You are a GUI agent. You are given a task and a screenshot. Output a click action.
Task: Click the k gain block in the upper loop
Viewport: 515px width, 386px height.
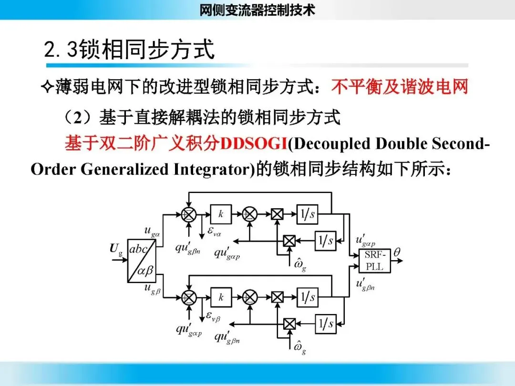coord(221,214)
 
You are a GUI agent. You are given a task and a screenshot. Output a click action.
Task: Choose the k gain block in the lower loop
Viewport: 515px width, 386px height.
coord(221,297)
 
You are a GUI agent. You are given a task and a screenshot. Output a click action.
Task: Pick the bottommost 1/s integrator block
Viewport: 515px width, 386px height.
coord(326,324)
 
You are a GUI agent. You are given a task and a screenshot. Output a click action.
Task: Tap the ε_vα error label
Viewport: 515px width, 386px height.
coord(212,233)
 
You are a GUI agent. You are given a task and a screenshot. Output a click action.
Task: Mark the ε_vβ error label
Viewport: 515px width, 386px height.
coord(212,315)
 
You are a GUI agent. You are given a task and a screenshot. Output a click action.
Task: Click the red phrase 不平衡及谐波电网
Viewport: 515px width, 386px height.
coord(400,87)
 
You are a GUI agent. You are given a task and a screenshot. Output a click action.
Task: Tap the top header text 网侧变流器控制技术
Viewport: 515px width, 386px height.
coord(257,10)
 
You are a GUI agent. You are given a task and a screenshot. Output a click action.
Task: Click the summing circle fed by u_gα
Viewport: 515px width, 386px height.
coord(189,214)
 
